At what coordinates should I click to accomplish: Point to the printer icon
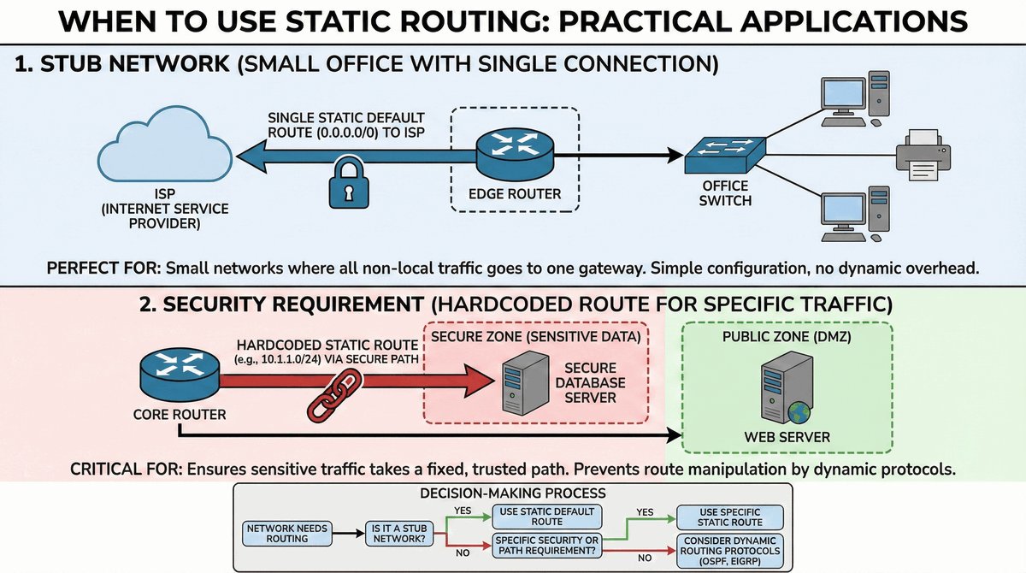coord(922,156)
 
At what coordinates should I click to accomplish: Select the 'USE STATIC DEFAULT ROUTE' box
coord(546,517)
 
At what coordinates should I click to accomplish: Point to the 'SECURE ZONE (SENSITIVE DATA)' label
coord(536,336)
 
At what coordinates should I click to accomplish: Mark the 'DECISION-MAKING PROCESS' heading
coord(513,493)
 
